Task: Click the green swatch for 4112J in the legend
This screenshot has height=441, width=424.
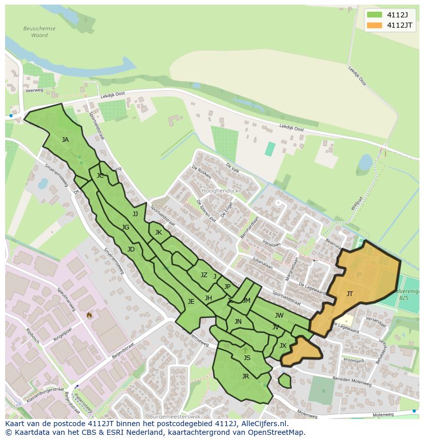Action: (374, 14)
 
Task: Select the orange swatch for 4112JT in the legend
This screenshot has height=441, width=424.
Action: (374, 25)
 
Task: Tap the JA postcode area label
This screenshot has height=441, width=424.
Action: (65, 139)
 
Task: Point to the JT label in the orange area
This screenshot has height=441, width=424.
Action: (350, 294)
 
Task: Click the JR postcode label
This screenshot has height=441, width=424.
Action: (245, 376)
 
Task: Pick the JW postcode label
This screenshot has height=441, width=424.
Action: (279, 316)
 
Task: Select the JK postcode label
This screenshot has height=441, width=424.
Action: (158, 233)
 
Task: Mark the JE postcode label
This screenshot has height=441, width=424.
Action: (191, 302)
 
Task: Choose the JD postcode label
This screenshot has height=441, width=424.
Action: (131, 249)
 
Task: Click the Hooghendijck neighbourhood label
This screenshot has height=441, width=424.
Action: (220, 191)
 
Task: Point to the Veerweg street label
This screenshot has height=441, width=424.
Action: (33, 90)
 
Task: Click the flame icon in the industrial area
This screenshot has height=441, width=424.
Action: (89, 315)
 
